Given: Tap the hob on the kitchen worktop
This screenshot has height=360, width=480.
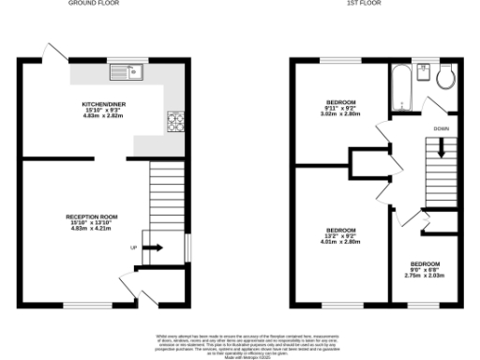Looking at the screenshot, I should (x=175, y=120).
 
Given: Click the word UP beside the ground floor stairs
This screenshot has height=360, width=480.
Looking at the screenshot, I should (x=132, y=247).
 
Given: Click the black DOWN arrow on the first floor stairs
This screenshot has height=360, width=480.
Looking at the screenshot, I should (x=442, y=147).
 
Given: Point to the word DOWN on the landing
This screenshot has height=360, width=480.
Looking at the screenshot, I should (x=441, y=128).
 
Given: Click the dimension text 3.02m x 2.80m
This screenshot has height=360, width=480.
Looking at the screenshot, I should (x=339, y=113).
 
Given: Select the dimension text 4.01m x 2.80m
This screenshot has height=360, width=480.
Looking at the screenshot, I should (x=339, y=242).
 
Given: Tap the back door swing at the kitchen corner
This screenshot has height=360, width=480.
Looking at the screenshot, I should (x=52, y=52).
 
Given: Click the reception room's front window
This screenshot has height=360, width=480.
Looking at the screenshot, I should (x=87, y=305).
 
